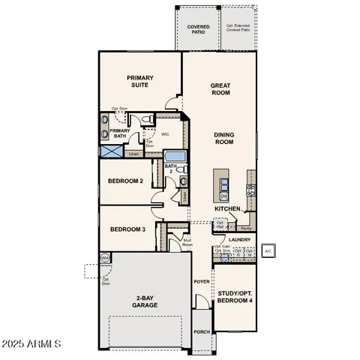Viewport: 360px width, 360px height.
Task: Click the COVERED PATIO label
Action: pyautogui.click(x=198, y=29)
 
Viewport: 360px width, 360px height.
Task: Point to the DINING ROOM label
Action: pyautogui.click(x=223, y=138)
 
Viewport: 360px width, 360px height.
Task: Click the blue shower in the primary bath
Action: pyautogui.click(x=112, y=150)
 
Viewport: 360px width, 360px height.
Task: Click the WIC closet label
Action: pyautogui.click(x=166, y=135)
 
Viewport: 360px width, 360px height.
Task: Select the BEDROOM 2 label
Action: pyautogui.click(x=125, y=181)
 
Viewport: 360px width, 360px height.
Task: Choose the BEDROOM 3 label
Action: pyautogui.click(x=127, y=229)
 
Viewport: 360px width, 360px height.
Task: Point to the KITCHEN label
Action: pyautogui.click(x=226, y=208)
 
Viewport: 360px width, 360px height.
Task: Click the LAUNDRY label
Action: pyautogui.click(x=240, y=240)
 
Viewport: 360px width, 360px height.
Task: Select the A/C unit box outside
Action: pyautogui.click(x=268, y=250)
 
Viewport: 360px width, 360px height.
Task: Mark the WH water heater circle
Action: pyautogui.click(x=105, y=257)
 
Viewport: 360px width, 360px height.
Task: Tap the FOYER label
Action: pyautogui.click(x=202, y=282)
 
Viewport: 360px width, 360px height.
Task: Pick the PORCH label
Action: pyautogui.click(x=202, y=331)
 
